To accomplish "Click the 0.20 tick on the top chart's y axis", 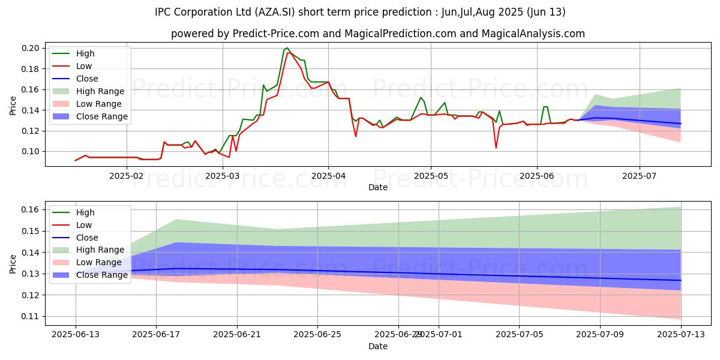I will point(31,48).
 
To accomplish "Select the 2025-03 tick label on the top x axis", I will point(223,176).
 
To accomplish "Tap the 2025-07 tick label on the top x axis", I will point(640,176).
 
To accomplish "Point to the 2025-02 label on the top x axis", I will point(127,176).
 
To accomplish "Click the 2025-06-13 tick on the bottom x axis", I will point(75,334).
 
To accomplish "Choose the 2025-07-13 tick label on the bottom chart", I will point(681,334).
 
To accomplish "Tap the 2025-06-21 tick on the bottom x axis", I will point(237,334).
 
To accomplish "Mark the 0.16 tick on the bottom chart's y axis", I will point(31,209).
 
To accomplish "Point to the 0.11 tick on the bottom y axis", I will point(31,316).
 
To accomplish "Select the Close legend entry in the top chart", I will point(88,79).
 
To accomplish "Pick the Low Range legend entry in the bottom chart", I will point(100,262).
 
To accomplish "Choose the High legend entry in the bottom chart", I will point(85,212).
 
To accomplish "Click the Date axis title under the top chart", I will point(378,187).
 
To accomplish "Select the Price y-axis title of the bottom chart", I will point(13,263).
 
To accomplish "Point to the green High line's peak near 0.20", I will point(287,48).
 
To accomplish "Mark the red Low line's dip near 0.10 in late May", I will point(496,148).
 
